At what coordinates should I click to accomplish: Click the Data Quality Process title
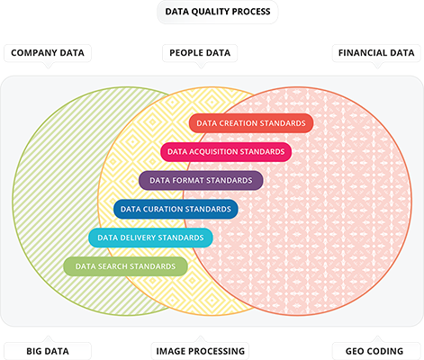(x=218, y=12)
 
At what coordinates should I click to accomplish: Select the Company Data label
(x=48, y=53)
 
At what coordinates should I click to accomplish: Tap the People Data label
(x=200, y=53)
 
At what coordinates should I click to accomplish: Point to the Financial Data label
(x=376, y=53)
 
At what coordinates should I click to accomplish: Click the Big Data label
(x=48, y=351)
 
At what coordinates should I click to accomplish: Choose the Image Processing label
(x=200, y=351)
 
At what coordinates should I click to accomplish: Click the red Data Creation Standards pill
(x=251, y=123)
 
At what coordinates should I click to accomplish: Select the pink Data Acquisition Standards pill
(x=226, y=152)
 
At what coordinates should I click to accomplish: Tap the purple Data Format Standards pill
(x=201, y=180)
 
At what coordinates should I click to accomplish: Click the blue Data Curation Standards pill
(x=176, y=209)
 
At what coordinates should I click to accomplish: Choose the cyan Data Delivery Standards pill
(x=150, y=238)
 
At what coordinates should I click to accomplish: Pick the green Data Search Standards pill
(x=125, y=266)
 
